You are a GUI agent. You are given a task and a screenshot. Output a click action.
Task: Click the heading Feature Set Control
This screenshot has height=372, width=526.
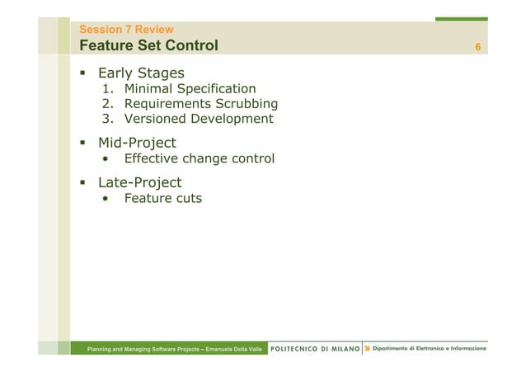pos(148,45)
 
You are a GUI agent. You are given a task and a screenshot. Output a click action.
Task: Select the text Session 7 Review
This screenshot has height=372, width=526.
pos(125,30)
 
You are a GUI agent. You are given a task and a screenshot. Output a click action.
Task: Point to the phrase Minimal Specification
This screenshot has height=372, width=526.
pos(190,89)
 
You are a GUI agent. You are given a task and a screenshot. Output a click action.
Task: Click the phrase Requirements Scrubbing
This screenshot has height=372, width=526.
pos(200,104)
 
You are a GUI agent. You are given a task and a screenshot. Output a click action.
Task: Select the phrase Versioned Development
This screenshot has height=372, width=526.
pos(198,119)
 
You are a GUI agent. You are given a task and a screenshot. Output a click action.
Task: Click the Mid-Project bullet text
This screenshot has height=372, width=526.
pos(137,143)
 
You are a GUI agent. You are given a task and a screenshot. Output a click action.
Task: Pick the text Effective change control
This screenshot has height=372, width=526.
pos(199,158)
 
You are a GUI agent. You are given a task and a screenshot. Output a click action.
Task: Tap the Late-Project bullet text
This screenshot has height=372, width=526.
pos(139,182)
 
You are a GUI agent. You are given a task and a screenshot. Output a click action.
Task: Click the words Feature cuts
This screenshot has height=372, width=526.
pos(162,198)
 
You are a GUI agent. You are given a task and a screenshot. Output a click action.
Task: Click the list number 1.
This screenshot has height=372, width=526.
pos(106,89)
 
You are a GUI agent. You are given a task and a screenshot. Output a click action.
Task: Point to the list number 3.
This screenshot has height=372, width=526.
pos(106,119)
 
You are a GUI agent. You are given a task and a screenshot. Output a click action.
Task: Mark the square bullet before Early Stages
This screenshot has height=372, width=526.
pos(82,73)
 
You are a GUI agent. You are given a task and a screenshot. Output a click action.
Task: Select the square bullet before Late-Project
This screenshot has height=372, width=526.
pos(82,182)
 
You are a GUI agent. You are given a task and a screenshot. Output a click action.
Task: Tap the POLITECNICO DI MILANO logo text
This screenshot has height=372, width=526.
pos(315,349)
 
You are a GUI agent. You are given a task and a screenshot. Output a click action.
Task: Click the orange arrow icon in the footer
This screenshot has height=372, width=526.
pos(367,349)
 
